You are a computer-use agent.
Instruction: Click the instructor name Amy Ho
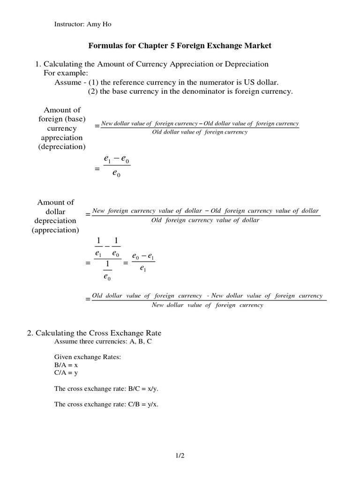click(x=99, y=24)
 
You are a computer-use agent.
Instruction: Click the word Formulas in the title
click(x=104, y=46)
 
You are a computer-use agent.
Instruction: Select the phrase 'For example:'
click(x=62, y=73)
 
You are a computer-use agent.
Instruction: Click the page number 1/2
click(x=180, y=455)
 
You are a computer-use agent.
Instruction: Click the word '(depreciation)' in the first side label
click(x=61, y=147)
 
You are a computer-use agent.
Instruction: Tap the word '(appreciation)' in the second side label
click(x=55, y=230)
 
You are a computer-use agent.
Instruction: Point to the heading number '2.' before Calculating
click(x=30, y=333)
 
